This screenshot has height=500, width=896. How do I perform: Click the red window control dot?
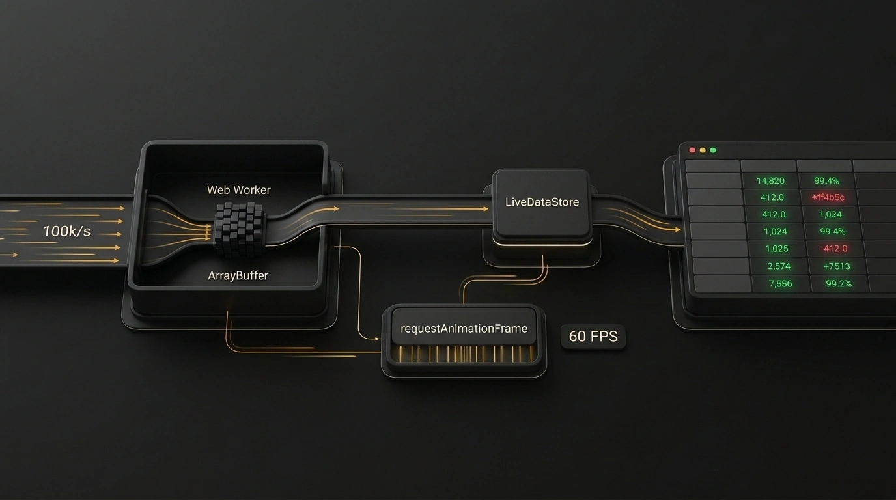point(692,150)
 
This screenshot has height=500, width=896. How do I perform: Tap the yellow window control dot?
point(703,150)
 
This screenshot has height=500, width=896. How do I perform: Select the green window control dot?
point(713,150)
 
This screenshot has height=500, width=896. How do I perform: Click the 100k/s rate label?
point(67,231)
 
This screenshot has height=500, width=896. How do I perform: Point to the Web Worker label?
point(239,189)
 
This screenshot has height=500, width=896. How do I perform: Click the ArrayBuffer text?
point(238,275)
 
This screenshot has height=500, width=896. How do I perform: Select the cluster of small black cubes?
point(239,229)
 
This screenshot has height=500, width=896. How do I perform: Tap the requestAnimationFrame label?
point(464,329)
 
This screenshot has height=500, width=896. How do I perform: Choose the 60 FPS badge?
point(593,337)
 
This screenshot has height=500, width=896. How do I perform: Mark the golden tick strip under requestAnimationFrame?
point(465,354)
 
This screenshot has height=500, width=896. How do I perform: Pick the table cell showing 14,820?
point(770,181)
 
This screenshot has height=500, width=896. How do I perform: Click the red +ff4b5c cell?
point(828,197)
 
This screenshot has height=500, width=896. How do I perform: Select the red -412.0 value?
point(834,249)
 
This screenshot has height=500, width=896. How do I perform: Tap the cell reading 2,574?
point(779,266)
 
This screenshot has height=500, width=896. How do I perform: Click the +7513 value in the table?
point(836,266)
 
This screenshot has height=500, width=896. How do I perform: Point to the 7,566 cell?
point(780,284)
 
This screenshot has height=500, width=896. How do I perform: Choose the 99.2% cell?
point(839,284)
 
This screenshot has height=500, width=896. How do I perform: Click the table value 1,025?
point(777,249)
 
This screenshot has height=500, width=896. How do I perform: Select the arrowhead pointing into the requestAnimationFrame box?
point(377,339)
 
